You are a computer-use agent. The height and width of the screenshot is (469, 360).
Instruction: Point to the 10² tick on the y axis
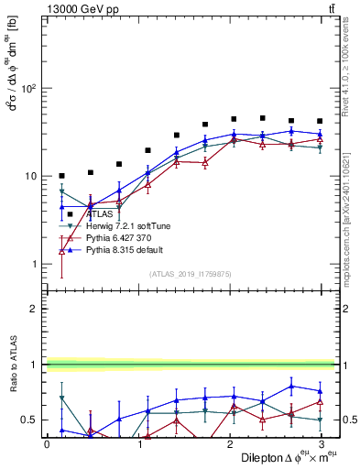click(x=27, y=89)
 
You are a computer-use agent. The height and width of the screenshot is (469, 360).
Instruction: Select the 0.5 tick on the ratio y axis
click(x=29, y=420)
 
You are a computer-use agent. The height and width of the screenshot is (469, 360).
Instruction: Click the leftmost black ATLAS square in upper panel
click(x=61, y=176)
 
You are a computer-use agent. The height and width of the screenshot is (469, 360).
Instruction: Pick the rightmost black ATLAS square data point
click(x=320, y=121)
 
